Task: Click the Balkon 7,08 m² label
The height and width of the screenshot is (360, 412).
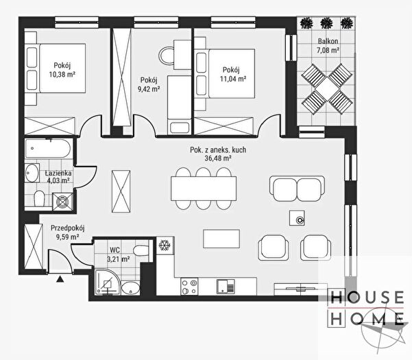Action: click(328, 45)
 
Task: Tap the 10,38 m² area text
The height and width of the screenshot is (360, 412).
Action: click(62, 74)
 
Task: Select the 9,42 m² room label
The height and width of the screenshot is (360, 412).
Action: click(149, 89)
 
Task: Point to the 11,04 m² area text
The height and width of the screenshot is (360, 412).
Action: click(233, 79)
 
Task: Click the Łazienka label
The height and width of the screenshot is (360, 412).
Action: click(58, 173)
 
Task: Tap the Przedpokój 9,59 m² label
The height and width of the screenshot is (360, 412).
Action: click(68, 232)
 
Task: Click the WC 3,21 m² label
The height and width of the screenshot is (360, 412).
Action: click(118, 254)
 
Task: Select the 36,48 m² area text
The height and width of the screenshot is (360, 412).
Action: click(218, 158)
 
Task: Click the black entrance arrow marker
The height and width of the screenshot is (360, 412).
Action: click(60, 279)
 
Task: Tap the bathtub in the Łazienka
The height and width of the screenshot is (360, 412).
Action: click(48, 149)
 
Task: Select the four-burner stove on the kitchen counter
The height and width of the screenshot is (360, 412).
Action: click(189, 286)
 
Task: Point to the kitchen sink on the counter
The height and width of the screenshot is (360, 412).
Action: click(226, 286)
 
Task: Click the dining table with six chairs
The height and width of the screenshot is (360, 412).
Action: click(204, 189)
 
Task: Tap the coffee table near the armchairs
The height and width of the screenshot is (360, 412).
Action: click(221, 239)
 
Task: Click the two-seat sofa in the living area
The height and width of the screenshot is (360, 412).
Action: click(298, 189)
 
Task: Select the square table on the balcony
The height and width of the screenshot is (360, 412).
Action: click(327, 89)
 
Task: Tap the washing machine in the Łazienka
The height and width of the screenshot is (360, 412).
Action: click(62, 202)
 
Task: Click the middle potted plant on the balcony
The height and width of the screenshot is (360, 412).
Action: click(326, 23)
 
